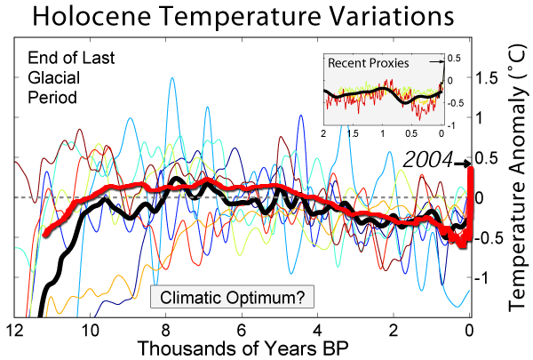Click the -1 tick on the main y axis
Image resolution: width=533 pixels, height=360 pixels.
(489, 277)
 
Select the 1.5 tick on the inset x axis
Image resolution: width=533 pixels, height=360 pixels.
(353, 132)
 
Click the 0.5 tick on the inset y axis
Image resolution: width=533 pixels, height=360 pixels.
(455, 58)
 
